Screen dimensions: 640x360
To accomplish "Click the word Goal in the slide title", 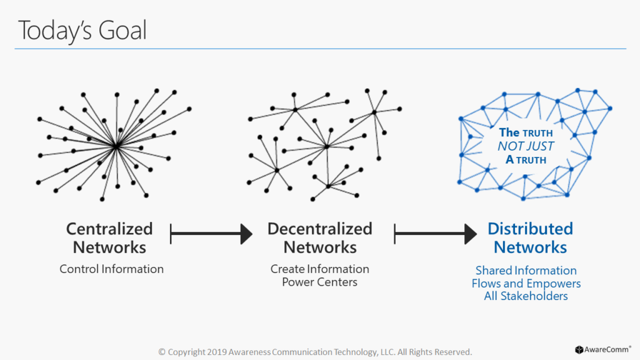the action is click(x=122, y=30).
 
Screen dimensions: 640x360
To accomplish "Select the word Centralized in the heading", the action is click(x=109, y=229).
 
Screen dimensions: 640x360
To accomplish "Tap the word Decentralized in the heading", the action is click(x=319, y=229).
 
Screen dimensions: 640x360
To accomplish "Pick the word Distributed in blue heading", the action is click(x=530, y=229).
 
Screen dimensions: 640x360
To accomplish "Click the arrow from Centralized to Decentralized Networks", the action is click(x=211, y=234).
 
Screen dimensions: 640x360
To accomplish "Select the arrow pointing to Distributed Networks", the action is click(x=436, y=234).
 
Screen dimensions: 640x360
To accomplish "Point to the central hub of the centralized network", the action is click(x=116, y=145).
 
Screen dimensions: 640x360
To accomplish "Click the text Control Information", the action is click(x=111, y=269).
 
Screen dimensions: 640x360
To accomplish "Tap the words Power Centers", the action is click(x=319, y=282).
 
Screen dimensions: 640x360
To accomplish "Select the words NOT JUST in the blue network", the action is click(x=526, y=146).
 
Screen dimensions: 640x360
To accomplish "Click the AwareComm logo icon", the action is click(x=579, y=350).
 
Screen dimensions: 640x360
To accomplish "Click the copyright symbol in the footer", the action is click(x=162, y=352).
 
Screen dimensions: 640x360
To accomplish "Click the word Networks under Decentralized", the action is click(x=320, y=247).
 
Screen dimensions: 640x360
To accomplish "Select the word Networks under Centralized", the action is click(x=109, y=247).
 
